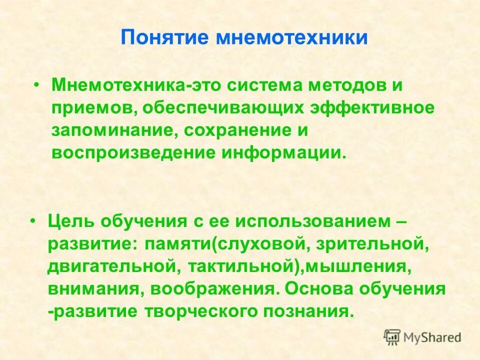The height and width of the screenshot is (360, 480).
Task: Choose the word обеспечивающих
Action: (245, 107)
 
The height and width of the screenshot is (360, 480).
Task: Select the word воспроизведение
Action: (131, 152)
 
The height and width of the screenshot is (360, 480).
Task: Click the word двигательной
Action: (110, 266)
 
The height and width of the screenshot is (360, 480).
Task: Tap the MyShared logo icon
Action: (392, 336)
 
